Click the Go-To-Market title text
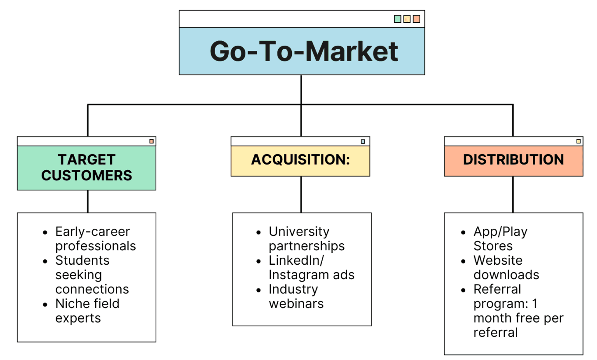pyautogui.click(x=304, y=51)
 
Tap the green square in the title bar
pyautogui.click(x=397, y=19)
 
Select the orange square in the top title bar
pyautogui.click(x=417, y=19)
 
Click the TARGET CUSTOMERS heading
pyautogui.click(x=86, y=167)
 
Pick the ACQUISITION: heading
pyautogui.click(x=300, y=160)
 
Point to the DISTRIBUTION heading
pyautogui.click(x=513, y=159)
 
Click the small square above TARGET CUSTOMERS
pyautogui.click(x=151, y=141)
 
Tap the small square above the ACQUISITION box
pyautogui.click(x=363, y=141)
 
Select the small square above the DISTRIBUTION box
pyautogui.click(x=579, y=141)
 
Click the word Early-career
pyautogui.click(x=93, y=232)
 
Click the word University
pyautogui.click(x=299, y=232)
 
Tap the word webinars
pyautogui.click(x=296, y=304)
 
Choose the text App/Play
pyautogui.click(x=500, y=232)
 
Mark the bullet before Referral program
pyautogui.click(x=464, y=290)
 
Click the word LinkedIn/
pyautogui.click(x=296, y=261)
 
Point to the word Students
pyautogui.click(x=82, y=261)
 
